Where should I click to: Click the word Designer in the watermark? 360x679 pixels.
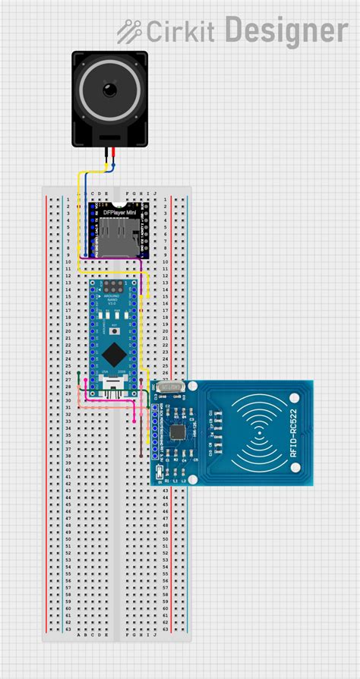tap(286, 31)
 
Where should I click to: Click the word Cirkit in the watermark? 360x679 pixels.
tap(181, 32)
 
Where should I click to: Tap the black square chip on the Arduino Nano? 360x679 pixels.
tap(115, 352)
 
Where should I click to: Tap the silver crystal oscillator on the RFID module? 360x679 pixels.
tap(172, 388)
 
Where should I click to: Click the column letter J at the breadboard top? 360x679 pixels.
tap(156, 194)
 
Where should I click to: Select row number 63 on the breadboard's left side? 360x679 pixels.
tap(68, 629)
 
